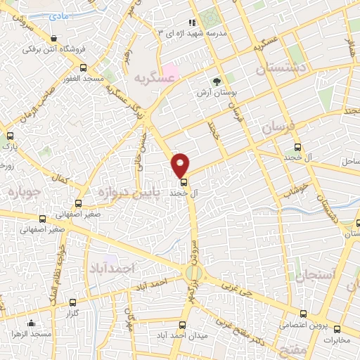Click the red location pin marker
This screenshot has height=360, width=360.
(180, 164)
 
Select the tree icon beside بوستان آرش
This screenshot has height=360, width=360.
(217, 82)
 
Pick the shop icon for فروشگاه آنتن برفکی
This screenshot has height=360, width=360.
(55, 38)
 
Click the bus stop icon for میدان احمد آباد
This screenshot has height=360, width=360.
(184, 325)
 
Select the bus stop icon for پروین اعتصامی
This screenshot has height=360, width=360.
(304, 314)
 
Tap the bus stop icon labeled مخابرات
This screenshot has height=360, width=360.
(337, 329)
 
